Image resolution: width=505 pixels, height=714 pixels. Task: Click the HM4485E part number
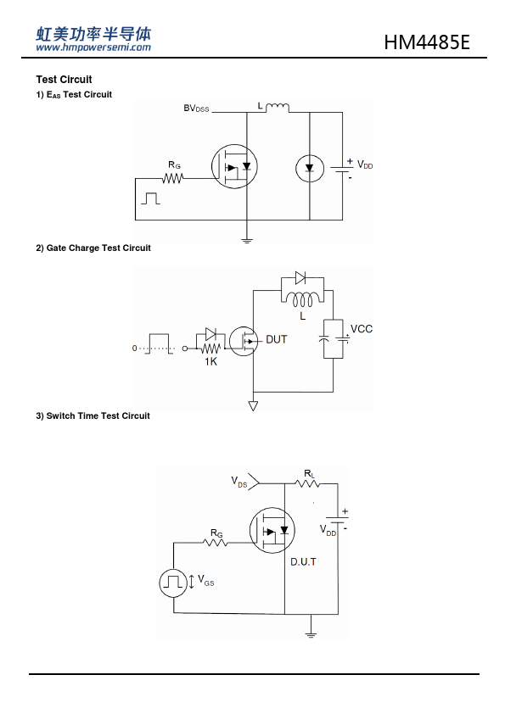pos(427,42)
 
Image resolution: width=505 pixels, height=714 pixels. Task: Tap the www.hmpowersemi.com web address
pos(93,47)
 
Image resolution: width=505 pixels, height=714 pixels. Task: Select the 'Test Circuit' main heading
pos(64,80)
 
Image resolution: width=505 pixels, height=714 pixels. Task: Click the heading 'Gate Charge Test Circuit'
pos(98,248)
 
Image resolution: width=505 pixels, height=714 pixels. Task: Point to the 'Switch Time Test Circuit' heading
pos(98,416)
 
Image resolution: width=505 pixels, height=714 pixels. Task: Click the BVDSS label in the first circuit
pos(196,109)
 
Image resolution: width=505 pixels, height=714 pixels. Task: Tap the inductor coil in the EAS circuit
pos(277,108)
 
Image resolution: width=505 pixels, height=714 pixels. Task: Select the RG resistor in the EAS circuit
pos(173,178)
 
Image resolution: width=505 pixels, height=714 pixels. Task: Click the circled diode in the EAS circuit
pos(310,169)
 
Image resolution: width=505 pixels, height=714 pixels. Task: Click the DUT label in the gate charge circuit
pos(276,340)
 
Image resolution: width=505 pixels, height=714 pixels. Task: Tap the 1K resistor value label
pos(210,361)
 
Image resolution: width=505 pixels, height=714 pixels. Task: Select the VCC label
pos(362,329)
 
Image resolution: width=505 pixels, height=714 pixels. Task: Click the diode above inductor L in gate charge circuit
pos(300,278)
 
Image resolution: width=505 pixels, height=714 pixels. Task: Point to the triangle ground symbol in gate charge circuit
pos(253,406)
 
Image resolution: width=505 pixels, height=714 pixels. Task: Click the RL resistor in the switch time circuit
pos(308,483)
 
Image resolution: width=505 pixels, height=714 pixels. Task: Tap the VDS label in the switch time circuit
pos(238,482)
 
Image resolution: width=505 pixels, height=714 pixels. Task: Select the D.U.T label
pos(304,562)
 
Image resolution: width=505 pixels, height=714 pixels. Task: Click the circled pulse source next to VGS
pos(173,583)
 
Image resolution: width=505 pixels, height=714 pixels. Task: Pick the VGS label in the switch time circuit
pos(205,581)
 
